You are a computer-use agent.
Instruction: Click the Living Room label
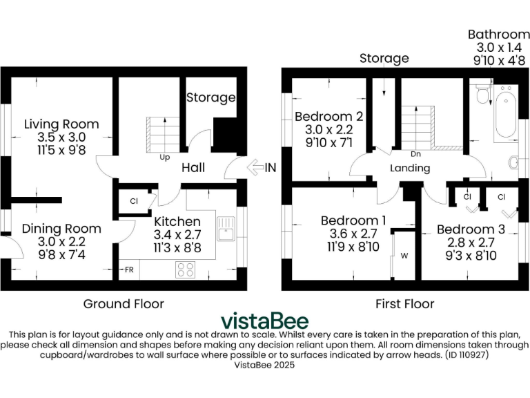[x=61, y=124]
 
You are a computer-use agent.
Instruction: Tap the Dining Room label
[x=61, y=229]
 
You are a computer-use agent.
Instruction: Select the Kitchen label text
[x=177, y=222]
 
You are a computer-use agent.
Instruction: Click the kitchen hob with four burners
[x=186, y=269]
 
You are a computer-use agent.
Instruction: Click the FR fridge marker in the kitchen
[x=128, y=269]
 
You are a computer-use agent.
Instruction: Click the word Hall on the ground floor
[x=193, y=168]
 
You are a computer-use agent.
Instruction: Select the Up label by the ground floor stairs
[x=165, y=157]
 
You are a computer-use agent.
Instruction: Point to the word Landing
[x=410, y=168]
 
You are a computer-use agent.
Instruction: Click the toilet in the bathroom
[x=482, y=95]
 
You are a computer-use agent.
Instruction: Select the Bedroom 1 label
[x=353, y=221]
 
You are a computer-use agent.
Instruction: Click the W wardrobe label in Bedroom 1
[x=404, y=256]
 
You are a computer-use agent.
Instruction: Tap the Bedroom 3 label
[x=471, y=229]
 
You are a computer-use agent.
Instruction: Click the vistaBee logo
[x=264, y=321]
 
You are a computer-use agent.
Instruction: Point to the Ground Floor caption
[x=124, y=303]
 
